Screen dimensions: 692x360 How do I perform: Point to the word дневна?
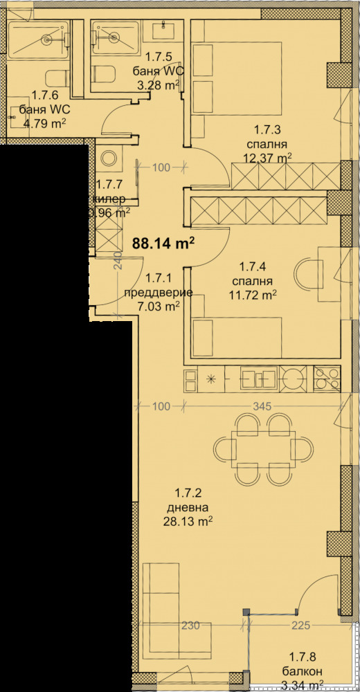click(193, 507)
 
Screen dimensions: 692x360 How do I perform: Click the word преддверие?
click(154, 293)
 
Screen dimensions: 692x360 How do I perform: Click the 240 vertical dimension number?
click(118, 262)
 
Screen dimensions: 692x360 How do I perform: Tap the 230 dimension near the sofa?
click(190, 626)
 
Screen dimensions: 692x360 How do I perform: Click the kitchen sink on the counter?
click(259, 378)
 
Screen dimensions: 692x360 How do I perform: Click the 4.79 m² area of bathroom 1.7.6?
click(44, 125)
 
